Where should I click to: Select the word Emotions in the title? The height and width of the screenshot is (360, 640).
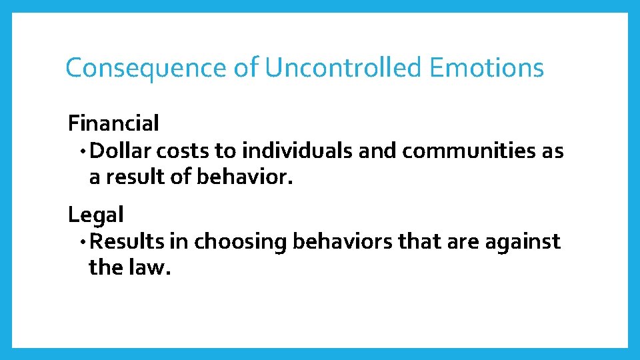(x=487, y=68)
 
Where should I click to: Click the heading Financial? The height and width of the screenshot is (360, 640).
(x=113, y=123)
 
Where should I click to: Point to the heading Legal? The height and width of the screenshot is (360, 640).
(x=96, y=215)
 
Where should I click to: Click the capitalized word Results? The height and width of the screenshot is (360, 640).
(x=127, y=242)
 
